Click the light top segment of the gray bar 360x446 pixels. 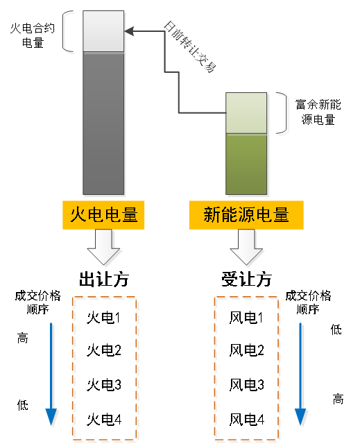click(x=104, y=32)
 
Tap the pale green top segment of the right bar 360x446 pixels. click(x=247, y=112)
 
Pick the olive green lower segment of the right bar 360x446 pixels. click(x=247, y=164)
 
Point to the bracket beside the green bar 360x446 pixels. click(x=284, y=114)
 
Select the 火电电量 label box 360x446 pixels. click(x=104, y=216)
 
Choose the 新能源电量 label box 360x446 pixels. click(x=246, y=216)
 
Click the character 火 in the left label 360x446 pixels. click(x=78, y=216)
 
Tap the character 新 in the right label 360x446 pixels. click(x=212, y=216)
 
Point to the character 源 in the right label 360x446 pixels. click(x=246, y=216)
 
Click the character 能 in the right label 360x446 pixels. click(x=229, y=216)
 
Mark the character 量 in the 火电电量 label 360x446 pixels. click(x=130, y=216)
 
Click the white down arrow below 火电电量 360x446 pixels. click(x=105, y=248)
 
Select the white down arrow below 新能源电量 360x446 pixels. click(x=247, y=248)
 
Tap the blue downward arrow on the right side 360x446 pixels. click(x=301, y=375)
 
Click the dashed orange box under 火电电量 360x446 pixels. click(x=105, y=369)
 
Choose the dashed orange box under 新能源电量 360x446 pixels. click(x=247, y=369)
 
